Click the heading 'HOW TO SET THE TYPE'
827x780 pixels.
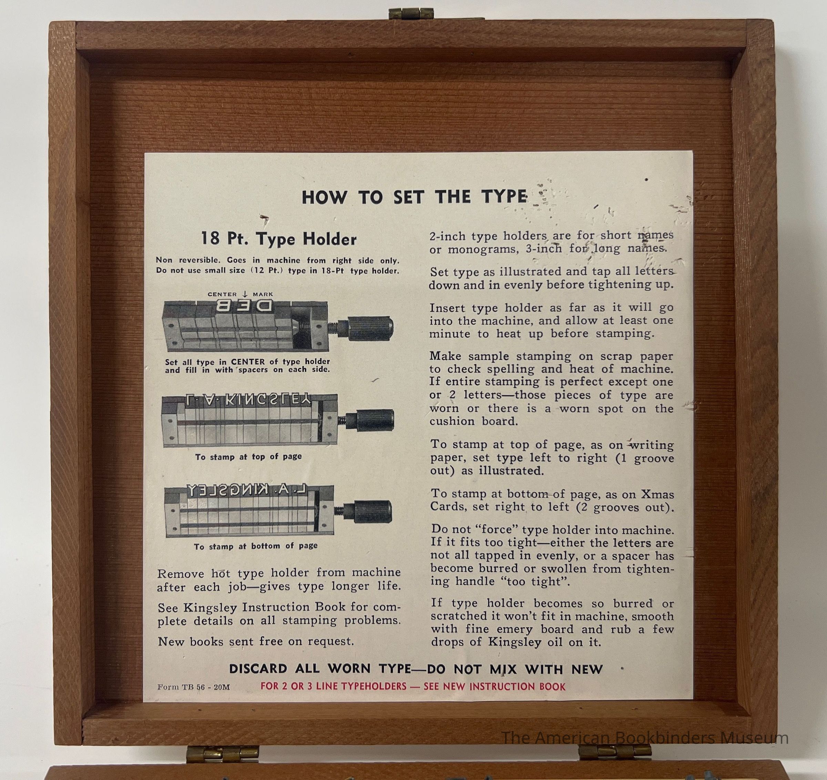click(x=414, y=197)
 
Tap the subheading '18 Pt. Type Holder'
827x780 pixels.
click(x=279, y=239)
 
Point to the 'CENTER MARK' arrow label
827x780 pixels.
click(x=241, y=294)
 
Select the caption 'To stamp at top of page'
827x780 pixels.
click(x=248, y=456)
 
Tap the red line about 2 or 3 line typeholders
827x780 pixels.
click(x=413, y=686)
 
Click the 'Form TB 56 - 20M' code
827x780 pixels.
click(x=193, y=687)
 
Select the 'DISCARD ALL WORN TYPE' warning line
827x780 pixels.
click(x=416, y=669)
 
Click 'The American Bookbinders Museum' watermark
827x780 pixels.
click(x=645, y=738)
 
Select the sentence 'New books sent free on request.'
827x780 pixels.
click(x=256, y=641)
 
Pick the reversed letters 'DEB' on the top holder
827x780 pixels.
click(x=245, y=307)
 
